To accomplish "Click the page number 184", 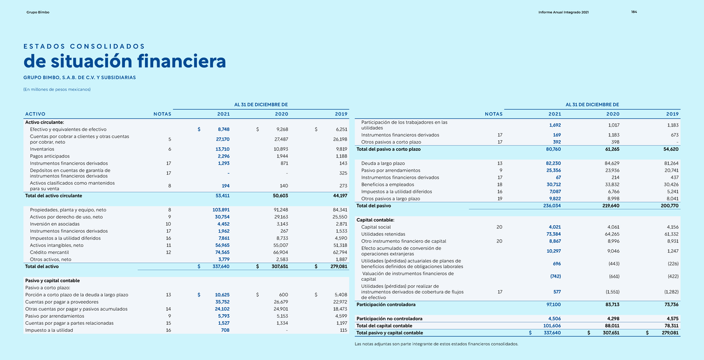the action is click(x=634, y=12).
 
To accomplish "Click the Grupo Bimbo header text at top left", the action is click(x=38, y=12).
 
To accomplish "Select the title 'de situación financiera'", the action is click(x=125, y=60).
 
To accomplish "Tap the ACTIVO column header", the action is click(x=35, y=114).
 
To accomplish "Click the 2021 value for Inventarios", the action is click(x=222, y=149).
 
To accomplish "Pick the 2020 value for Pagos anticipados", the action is click(x=282, y=156).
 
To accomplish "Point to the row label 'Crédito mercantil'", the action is click(x=49, y=252).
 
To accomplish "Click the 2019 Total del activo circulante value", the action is click(x=340, y=196).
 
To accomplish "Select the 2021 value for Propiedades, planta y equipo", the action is click(x=221, y=210).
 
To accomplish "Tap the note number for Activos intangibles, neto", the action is click(x=168, y=245).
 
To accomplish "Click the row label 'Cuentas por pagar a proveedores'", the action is click(x=62, y=302).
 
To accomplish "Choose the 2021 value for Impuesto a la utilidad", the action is click(x=225, y=330).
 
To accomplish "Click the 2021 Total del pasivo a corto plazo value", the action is click(x=553, y=149).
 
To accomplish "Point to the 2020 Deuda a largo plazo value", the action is click(x=612, y=164).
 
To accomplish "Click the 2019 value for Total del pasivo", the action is click(x=669, y=206).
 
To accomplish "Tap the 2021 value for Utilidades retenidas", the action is click(x=553, y=234).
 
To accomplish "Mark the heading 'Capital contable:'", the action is click(x=375, y=220).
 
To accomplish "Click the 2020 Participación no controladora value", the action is click(x=612, y=318).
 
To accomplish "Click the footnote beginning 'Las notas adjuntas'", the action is click(x=436, y=344).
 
